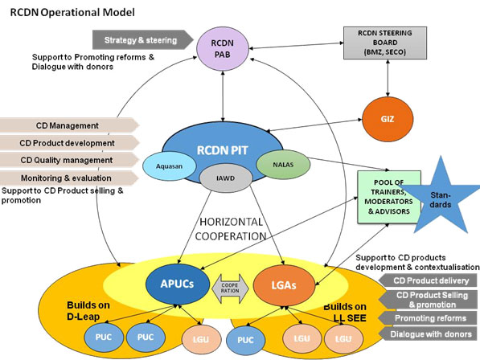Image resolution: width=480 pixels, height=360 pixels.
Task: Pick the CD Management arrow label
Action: click(x=71, y=125)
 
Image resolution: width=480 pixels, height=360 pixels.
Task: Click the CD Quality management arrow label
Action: click(x=71, y=159)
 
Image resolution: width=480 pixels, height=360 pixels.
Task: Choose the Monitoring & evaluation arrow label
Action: click(x=71, y=176)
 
